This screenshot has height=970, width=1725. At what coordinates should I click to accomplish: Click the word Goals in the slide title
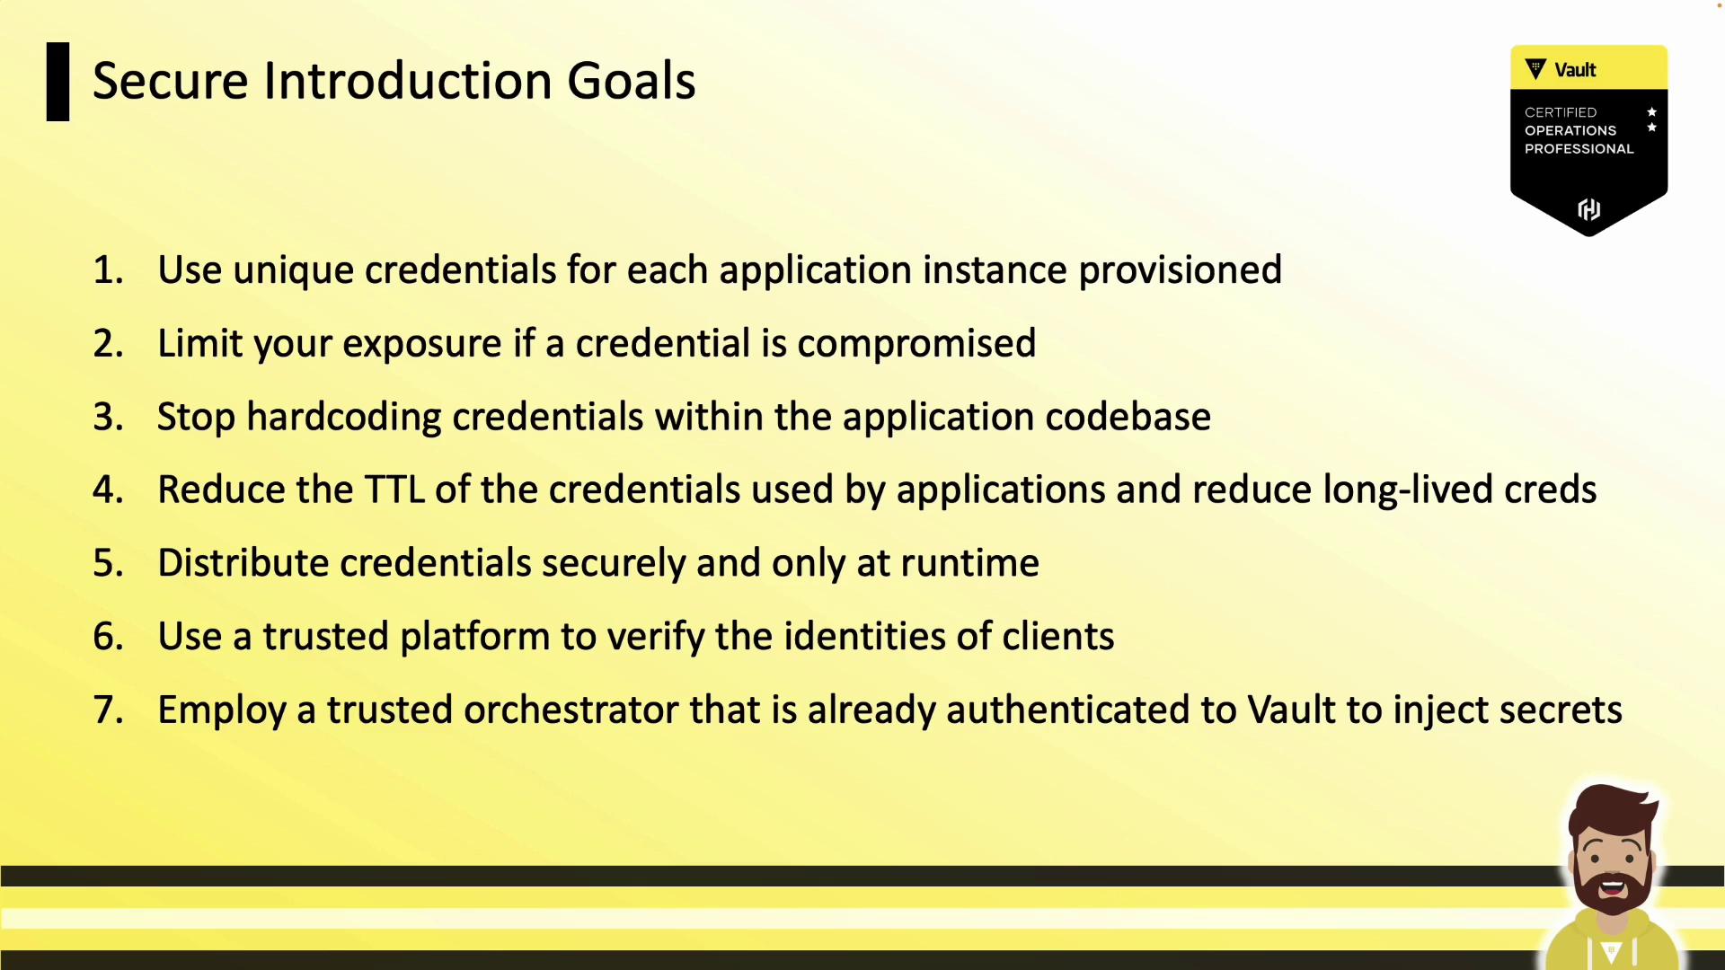pyautogui.click(x=631, y=81)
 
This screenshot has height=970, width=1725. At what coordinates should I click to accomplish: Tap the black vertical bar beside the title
pyautogui.click(x=57, y=82)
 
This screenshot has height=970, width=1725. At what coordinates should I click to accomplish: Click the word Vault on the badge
pyautogui.click(x=1575, y=70)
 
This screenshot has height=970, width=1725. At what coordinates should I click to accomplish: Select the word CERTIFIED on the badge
pyautogui.click(x=1561, y=112)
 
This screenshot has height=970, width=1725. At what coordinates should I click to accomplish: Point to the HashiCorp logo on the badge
pyautogui.click(x=1588, y=209)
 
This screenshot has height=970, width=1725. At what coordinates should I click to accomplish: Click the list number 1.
pyautogui.click(x=108, y=270)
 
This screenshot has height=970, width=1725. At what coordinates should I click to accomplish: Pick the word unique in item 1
pyautogui.click(x=293, y=270)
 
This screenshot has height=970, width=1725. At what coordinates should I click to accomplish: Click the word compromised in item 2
pyautogui.click(x=916, y=344)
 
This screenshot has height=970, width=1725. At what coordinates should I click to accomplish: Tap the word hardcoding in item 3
pyautogui.click(x=344, y=417)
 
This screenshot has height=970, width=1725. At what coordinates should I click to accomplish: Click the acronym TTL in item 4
pyautogui.click(x=394, y=489)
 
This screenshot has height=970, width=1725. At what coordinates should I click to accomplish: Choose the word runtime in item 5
pyautogui.click(x=969, y=563)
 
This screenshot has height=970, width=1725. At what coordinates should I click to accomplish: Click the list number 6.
pyautogui.click(x=108, y=637)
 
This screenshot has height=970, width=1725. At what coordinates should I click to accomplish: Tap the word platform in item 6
pyautogui.click(x=474, y=637)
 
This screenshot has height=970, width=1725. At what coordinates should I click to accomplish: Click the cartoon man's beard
pyautogui.click(x=1612, y=885)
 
